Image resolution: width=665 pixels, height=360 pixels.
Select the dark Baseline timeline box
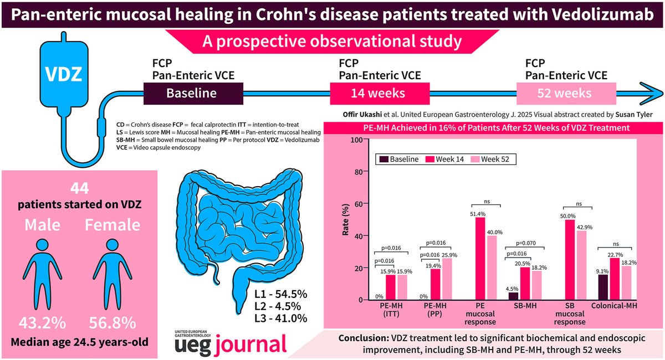tap(192, 93)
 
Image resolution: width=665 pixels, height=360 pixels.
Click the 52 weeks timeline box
tap(564, 93)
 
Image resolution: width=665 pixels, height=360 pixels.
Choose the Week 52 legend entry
tap(492, 160)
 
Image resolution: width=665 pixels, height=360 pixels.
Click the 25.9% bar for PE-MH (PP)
tap(447, 279)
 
